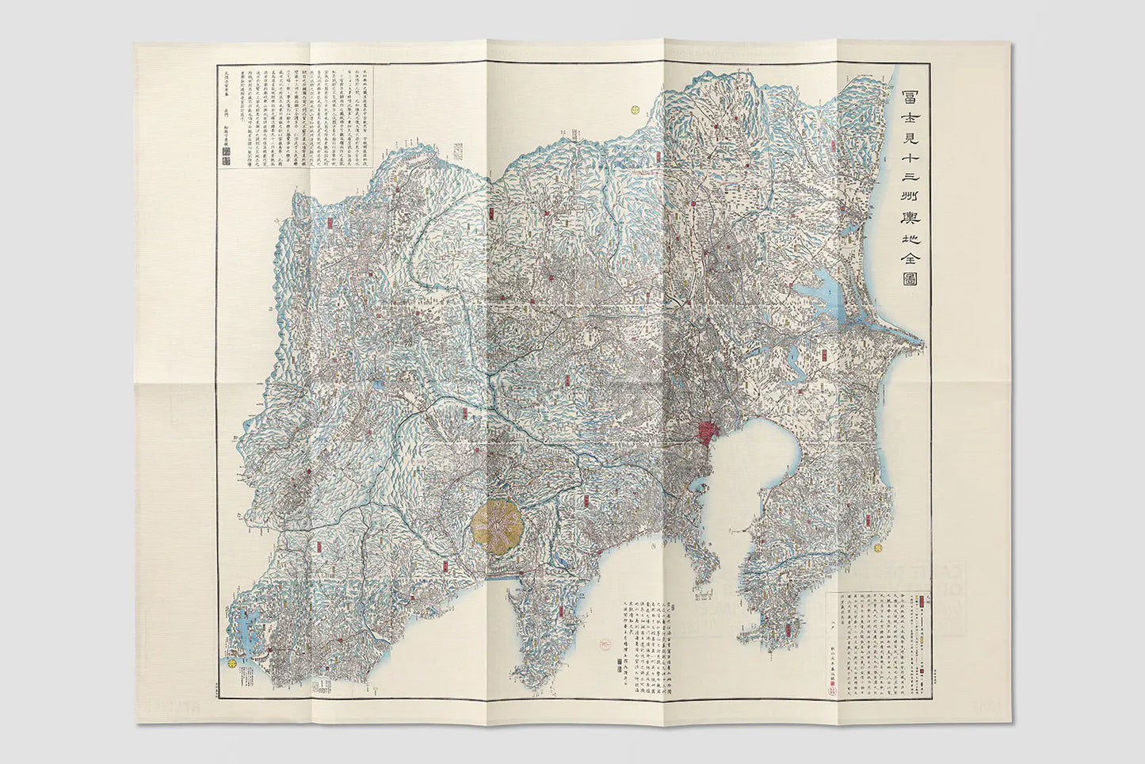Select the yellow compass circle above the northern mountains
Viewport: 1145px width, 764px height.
(x=635, y=110)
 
